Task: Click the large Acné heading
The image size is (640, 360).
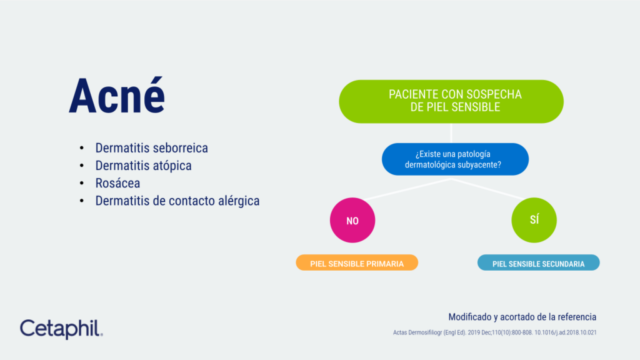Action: pos(117,97)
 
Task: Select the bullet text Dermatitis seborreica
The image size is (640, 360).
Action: pos(151,148)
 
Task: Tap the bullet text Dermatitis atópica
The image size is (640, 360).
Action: pos(143,166)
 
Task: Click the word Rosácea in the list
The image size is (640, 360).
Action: pos(117,183)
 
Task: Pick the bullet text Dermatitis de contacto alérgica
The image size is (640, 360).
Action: pos(177,201)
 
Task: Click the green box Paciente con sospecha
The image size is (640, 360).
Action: pos(451,101)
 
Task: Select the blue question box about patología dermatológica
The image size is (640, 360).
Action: pos(455,159)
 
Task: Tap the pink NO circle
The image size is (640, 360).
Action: pos(352,220)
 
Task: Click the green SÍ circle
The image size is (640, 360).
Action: pos(534,220)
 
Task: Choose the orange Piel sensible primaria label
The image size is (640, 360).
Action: pos(357,263)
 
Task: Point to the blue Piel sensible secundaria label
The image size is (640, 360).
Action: pos(538,263)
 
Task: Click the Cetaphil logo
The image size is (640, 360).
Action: pos(61,329)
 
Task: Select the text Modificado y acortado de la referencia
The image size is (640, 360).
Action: pos(522,317)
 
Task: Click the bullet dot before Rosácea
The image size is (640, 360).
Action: pos(81,184)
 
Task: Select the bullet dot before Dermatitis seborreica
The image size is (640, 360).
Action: pos(81,149)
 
